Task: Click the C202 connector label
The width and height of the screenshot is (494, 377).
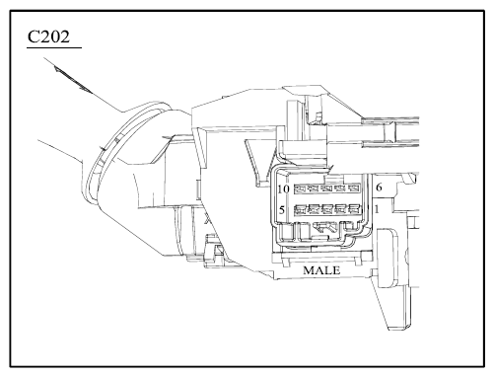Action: (48, 37)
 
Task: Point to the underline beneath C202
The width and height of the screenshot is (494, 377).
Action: (54, 48)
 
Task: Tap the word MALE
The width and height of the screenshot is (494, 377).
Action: (321, 270)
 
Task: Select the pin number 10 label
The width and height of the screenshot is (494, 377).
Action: (283, 189)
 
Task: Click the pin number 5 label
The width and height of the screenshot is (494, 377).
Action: (282, 209)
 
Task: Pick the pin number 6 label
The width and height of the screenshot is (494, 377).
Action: (379, 188)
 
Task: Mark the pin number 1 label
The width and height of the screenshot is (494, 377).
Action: (377, 209)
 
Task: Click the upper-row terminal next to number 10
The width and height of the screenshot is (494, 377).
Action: (301, 188)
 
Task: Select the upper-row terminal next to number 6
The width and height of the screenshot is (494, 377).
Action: (354, 188)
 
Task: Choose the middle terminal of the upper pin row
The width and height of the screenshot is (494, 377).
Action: (327, 188)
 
